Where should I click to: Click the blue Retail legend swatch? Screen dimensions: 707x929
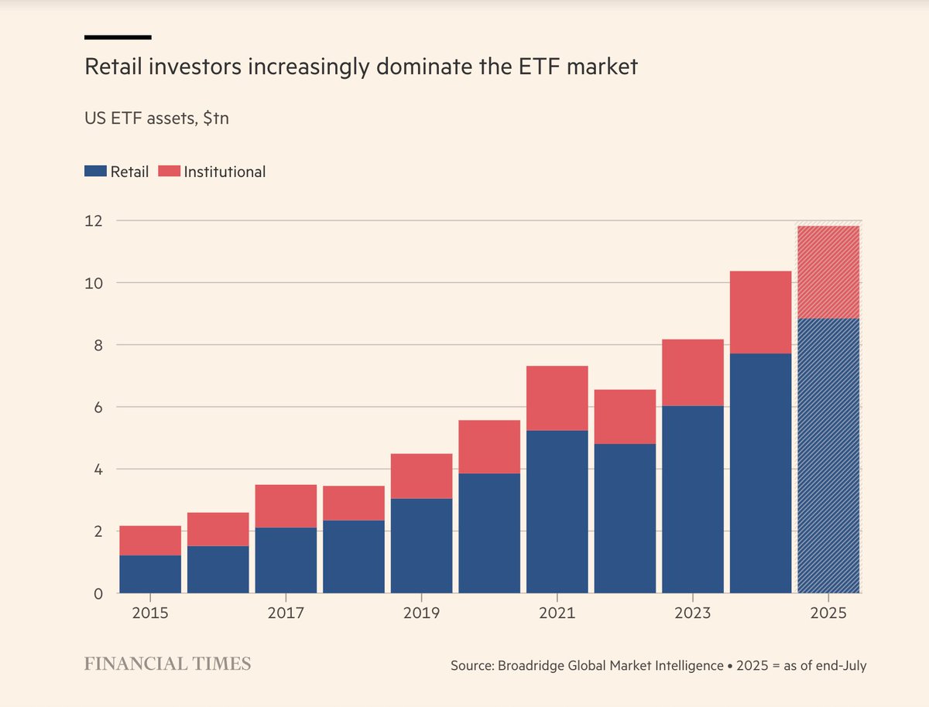(x=95, y=172)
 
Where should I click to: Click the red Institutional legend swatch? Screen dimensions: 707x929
(x=169, y=172)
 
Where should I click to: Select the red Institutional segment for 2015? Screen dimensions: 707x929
(x=150, y=541)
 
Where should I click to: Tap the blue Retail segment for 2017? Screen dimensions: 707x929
(x=286, y=560)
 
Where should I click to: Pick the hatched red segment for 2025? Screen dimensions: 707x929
(x=828, y=272)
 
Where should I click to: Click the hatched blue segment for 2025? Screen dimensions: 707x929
(x=828, y=456)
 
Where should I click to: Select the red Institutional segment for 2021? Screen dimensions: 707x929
(x=557, y=398)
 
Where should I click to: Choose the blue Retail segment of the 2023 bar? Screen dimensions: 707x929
(x=693, y=500)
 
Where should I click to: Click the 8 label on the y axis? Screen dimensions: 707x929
(x=98, y=345)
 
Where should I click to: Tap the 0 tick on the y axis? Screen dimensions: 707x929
(x=98, y=594)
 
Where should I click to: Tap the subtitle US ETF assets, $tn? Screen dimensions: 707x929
(x=156, y=119)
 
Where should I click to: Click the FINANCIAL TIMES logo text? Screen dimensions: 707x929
(x=167, y=664)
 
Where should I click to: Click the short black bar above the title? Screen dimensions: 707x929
(x=117, y=36)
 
